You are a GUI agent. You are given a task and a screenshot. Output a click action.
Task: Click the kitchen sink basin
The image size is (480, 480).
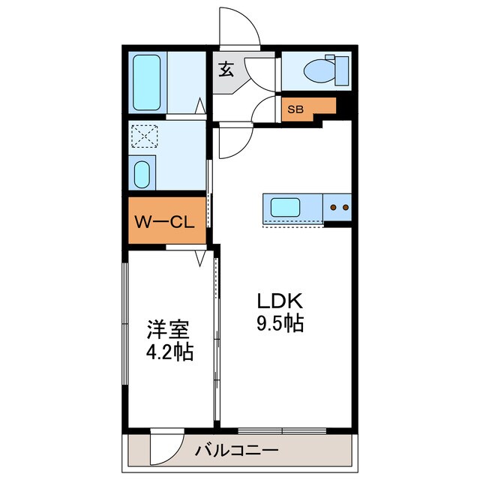click(x=285, y=207)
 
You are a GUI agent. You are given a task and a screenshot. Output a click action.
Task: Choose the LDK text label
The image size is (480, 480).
click(x=279, y=302)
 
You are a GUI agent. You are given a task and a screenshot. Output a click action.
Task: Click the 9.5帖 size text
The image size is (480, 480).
click(x=279, y=325)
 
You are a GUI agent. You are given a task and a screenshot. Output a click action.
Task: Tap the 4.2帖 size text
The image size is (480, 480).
click(x=169, y=352)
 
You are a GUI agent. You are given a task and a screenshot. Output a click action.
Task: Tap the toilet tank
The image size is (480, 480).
click(x=341, y=70)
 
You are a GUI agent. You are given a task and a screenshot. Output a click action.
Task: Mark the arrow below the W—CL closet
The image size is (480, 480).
click(x=200, y=259)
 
